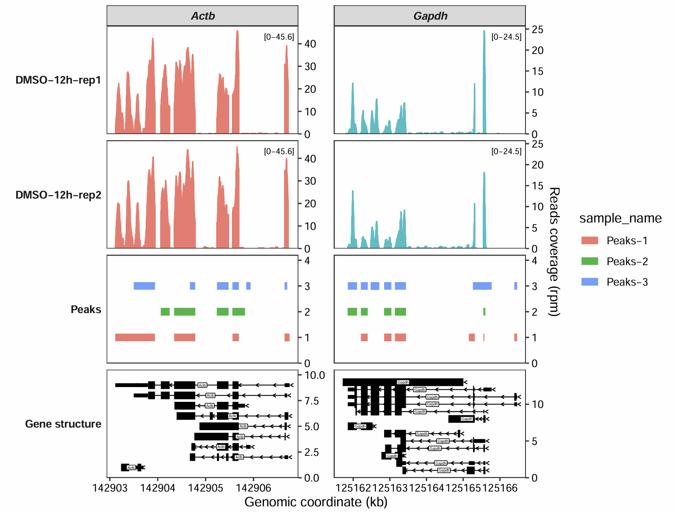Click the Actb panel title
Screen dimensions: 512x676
[x=203, y=16]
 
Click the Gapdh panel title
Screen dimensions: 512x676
[x=430, y=16]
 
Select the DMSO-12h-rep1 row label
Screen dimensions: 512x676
[x=58, y=80]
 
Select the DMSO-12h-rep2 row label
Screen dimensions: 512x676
[x=58, y=195]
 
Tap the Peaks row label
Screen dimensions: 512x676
[x=86, y=310]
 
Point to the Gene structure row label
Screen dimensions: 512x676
[x=63, y=424]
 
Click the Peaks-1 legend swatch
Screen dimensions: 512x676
[x=590, y=241]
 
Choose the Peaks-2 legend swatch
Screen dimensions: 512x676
[x=590, y=261]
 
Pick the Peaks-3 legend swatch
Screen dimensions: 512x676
[x=590, y=282]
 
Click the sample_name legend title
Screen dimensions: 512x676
[x=620, y=218]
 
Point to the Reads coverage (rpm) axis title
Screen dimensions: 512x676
[x=554, y=252]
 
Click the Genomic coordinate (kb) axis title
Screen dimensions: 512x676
[x=316, y=502]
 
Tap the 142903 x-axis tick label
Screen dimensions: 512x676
[x=110, y=488]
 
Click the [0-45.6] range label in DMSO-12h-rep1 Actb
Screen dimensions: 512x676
[x=279, y=37]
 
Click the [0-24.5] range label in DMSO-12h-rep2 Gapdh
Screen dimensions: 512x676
[x=506, y=152]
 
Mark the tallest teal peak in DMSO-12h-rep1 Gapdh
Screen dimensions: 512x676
[x=484, y=33]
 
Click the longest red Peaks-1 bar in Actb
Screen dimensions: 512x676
[x=135, y=337]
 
